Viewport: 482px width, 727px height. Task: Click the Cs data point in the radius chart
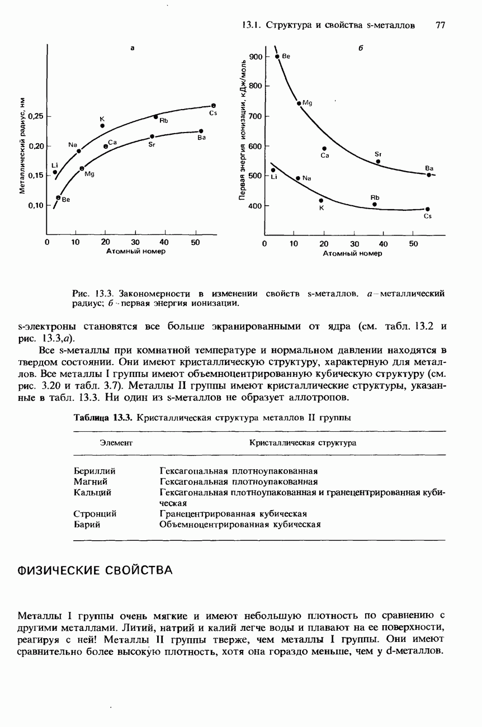click(x=214, y=105)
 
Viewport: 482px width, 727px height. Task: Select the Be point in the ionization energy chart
click(x=277, y=56)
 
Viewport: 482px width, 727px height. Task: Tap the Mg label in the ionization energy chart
click(x=306, y=103)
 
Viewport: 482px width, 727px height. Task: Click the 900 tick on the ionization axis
click(x=256, y=57)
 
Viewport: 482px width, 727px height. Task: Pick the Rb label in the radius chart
click(x=164, y=121)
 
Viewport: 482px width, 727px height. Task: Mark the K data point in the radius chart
click(x=102, y=126)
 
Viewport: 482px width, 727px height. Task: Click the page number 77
click(x=440, y=25)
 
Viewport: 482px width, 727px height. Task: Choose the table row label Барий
click(x=87, y=524)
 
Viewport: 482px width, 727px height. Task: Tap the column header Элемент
click(x=115, y=443)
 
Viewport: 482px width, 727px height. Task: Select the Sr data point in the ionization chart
click(x=378, y=161)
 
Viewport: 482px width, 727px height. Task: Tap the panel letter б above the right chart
click(x=361, y=49)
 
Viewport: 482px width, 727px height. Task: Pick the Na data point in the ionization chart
click(x=298, y=178)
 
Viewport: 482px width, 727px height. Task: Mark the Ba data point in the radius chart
click(x=200, y=131)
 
